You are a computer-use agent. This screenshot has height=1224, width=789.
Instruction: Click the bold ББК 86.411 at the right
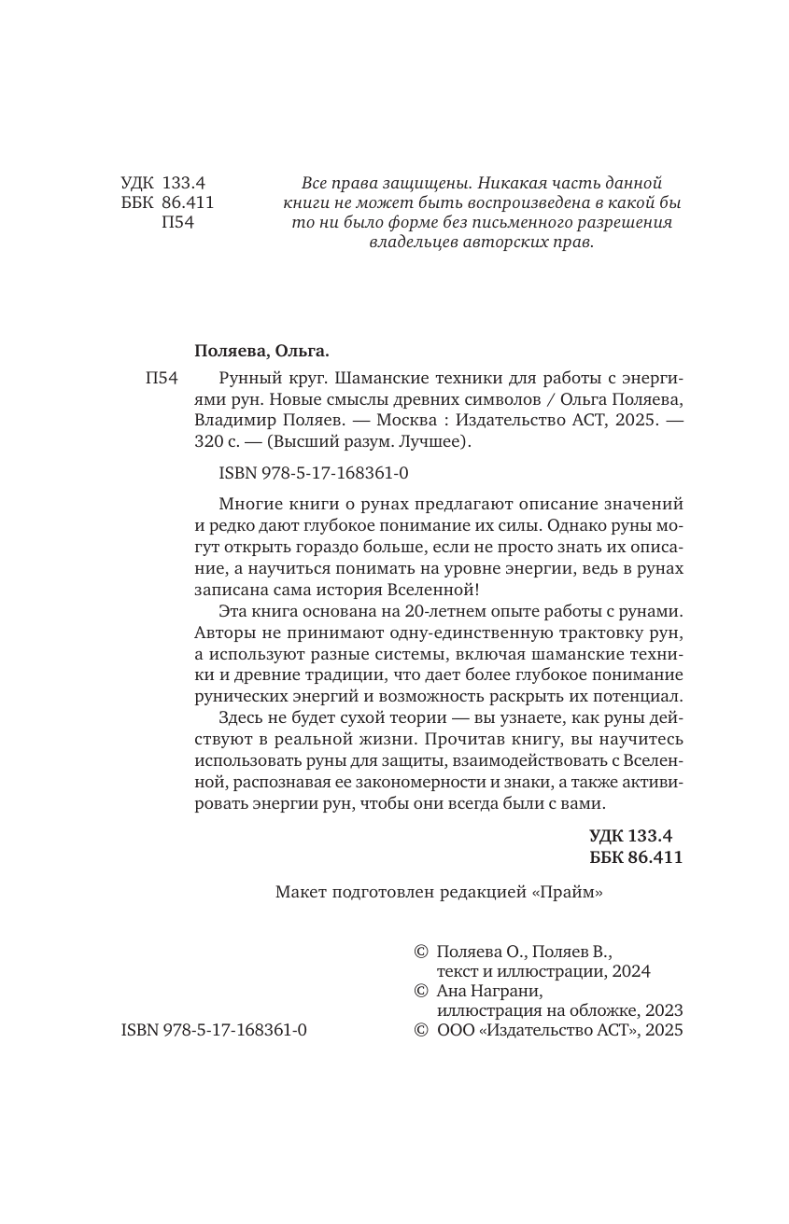click(636, 857)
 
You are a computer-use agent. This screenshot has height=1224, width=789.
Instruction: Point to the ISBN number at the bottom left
click(214, 1031)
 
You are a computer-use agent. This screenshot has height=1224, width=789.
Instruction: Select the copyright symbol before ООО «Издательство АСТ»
click(420, 1031)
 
